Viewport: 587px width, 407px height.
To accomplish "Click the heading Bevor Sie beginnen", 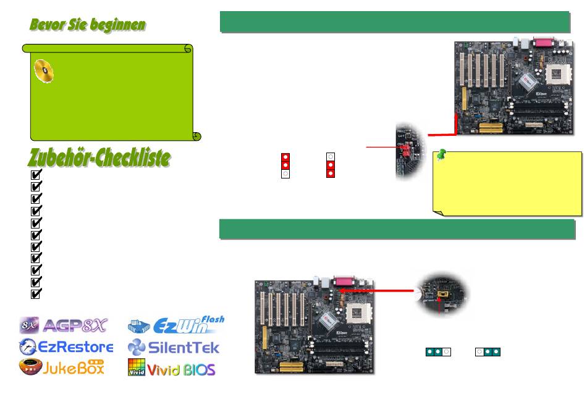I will (88, 25).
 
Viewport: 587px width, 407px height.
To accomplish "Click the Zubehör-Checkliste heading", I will (99, 158).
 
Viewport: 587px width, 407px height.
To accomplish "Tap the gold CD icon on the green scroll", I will (42, 72).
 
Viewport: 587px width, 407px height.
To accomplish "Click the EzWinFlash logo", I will (176, 325).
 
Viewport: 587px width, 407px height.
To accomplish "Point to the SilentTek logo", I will (174, 346).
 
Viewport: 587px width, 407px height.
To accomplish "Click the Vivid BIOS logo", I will (172, 368).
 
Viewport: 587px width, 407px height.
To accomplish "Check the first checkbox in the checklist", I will (36, 175).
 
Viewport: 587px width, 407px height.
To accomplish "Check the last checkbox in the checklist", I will (36, 293).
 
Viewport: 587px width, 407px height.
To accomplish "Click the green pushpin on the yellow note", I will (441, 157).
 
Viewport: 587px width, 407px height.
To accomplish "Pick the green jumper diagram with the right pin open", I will (437, 351).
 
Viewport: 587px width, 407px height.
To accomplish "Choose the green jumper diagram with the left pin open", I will (488, 351).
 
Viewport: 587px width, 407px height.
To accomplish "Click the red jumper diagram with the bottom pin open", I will (285, 166).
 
